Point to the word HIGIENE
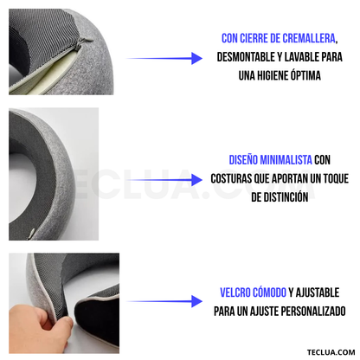tap(277, 76)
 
